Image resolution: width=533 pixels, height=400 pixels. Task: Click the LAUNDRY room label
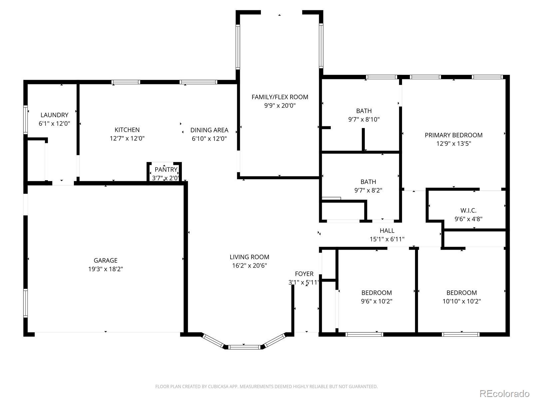coord(54,115)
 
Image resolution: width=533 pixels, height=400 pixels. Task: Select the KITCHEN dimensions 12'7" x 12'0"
coord(127,138)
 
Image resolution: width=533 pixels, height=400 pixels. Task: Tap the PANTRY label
coord(166,170)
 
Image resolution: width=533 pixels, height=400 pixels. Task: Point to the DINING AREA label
coord(209,130)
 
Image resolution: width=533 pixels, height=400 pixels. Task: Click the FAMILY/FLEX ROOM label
coord(280,97)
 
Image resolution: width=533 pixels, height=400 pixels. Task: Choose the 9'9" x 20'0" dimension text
coord(280,106)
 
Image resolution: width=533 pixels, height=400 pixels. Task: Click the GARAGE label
coord(106,261)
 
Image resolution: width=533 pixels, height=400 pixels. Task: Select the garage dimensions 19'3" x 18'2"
coord(106,269)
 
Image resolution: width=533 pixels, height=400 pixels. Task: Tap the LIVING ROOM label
coord(250,257)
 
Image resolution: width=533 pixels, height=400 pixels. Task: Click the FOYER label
coord(304,274)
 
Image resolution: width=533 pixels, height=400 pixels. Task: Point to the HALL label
coord(387,231)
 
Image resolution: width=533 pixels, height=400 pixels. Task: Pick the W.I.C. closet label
coord(468,210)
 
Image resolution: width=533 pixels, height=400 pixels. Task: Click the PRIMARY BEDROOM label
coord(454,135)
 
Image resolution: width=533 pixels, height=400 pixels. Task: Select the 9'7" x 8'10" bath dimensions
coord(364,119)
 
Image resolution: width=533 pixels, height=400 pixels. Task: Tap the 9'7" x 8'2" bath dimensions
coord(368,190)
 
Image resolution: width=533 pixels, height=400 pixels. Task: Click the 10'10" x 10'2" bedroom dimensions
coord(462,301)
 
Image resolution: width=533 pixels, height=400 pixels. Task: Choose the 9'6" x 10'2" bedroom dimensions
coord(377,301)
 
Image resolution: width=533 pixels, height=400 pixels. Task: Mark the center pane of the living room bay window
coord(245,347)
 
